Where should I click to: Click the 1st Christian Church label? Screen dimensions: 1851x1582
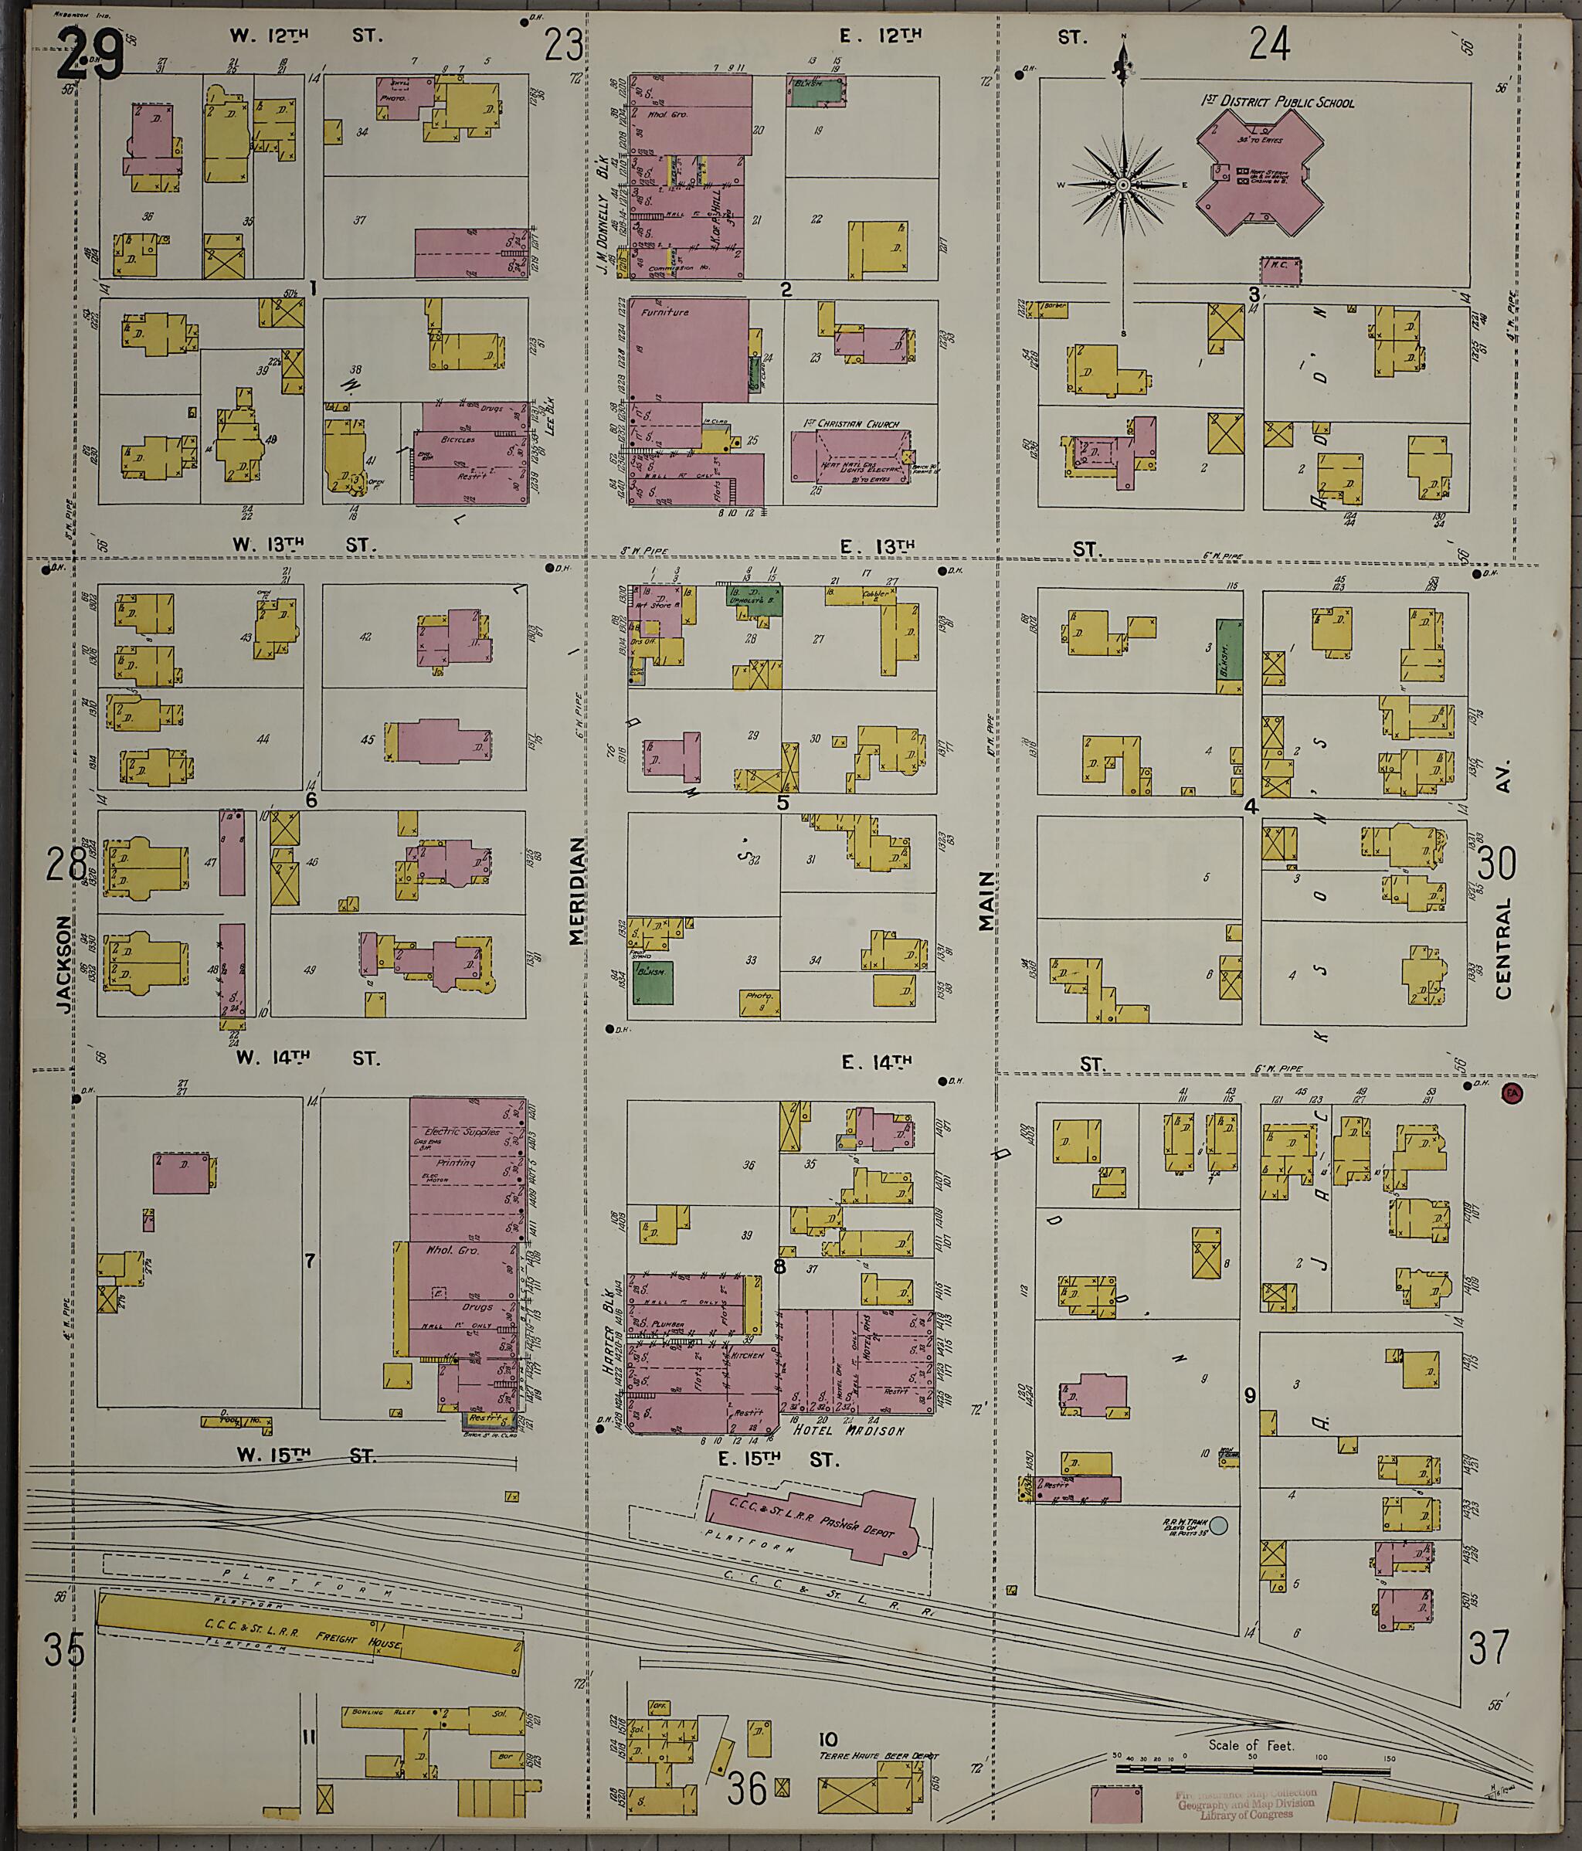pyautogui.click(x=850, y=424)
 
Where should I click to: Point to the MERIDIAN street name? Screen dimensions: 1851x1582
pyautogui.click(x=576, y=890)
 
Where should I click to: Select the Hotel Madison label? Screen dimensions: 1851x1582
pyautogui.click(x=849, y=1430)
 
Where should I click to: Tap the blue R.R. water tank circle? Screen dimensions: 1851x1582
pyautogui.click(x=1217, y=1527)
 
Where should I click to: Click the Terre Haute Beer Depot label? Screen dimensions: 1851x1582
pyautogui.click(x=878, y=1755)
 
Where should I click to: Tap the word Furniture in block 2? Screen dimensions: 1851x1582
pyautogui.click(x=664, y=314)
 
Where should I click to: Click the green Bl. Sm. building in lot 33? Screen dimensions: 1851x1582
pyautogui.click(x=653, y=982)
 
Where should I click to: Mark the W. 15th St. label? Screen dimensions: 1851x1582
pyautogui.click(x=304, y=1456)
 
